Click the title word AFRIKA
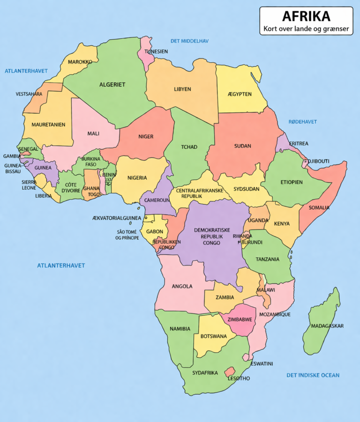[306, 16]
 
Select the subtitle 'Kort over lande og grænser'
[306, 29]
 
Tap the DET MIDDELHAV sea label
[189, 41]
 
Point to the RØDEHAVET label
[302, 122]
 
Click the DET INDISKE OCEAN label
[313, 375]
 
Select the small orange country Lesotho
[230, 372]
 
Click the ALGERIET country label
[112, 85]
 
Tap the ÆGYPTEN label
[239, 94]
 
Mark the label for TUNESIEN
[156, 52]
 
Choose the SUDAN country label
[243, 146]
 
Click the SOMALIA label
[319, 207]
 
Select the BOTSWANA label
[214, 336]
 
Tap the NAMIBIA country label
[180, 329]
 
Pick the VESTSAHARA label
[29, 94]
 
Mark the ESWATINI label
[262, 363]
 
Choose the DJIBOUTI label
[318, 161]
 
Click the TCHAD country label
[189, 147]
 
